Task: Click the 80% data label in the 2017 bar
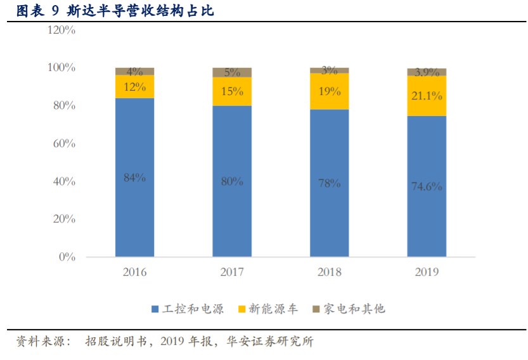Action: click(x=232, y=181)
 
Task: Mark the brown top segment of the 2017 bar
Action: click(x=231, y=72)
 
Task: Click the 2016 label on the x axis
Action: click(x=134, y=272)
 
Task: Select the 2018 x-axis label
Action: click(x=329, y=272)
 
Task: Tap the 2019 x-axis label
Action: click(x=426, y=272)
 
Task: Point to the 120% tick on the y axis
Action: click(x=61, y=30)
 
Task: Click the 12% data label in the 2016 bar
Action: click(x=134, y=87)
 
